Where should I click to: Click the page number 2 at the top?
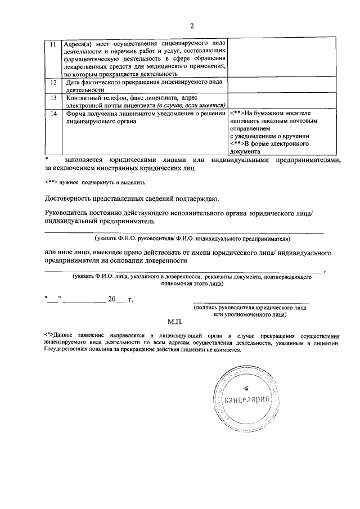tap(191, 26)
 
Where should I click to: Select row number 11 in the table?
tap(53, 44)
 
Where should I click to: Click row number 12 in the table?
tap(53, 83)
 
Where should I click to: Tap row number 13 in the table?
tap(53, 98)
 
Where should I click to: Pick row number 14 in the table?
tap(53, 113)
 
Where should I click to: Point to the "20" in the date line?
tap(112, 300)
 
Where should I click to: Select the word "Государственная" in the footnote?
tap(69, 349)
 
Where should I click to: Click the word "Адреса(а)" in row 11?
tap(78, 44)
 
